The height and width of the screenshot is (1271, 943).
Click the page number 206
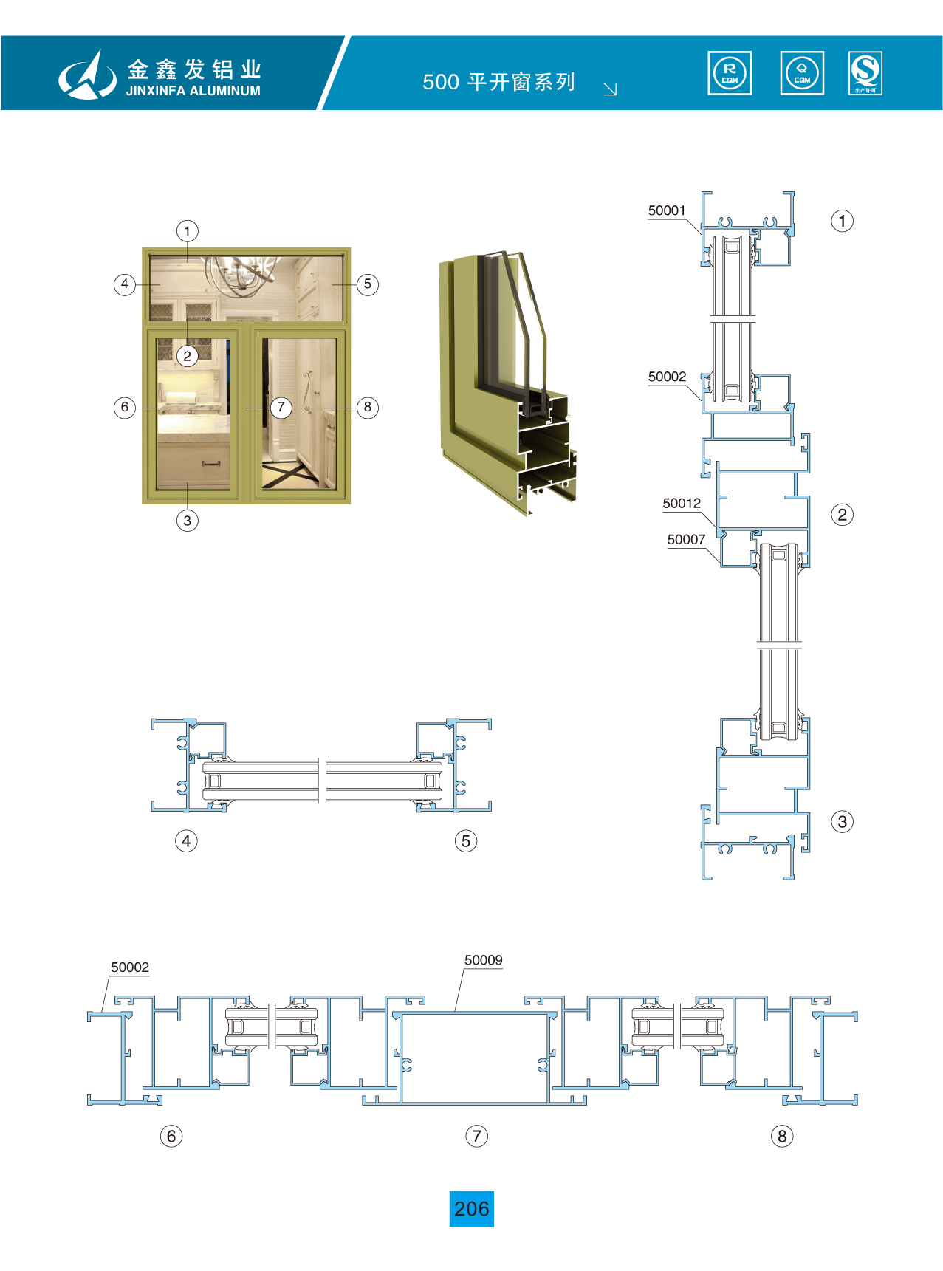coord(471,1209)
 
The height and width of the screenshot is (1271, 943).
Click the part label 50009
coord(483,960)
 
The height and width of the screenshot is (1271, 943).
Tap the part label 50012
coord(682,504)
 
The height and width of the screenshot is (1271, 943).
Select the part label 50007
coord(686,540)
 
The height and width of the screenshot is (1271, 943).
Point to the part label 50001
coord(667,210)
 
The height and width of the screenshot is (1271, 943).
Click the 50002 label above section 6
coord(130,967)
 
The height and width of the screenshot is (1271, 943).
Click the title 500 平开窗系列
coord(498,82)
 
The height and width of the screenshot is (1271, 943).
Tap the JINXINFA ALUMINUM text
coord(193,91)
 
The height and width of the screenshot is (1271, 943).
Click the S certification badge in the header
coord(865,73)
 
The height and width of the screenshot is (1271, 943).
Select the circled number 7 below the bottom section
coord(476,1136)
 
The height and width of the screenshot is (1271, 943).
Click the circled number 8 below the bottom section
coord(782,1136)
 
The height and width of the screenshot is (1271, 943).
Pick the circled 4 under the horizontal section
coord(186,840)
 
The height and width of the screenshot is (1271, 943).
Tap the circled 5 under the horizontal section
coord(466,840)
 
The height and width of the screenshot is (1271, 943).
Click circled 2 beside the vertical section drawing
coord(843,515)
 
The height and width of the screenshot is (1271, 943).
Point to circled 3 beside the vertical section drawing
coord(843,821)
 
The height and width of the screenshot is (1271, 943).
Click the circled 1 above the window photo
coord(188,231)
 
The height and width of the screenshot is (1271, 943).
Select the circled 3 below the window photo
coord(188,521)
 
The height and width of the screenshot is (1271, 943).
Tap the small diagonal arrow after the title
coord(610,89)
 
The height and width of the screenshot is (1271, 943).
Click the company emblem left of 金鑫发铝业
coord(87,75)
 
